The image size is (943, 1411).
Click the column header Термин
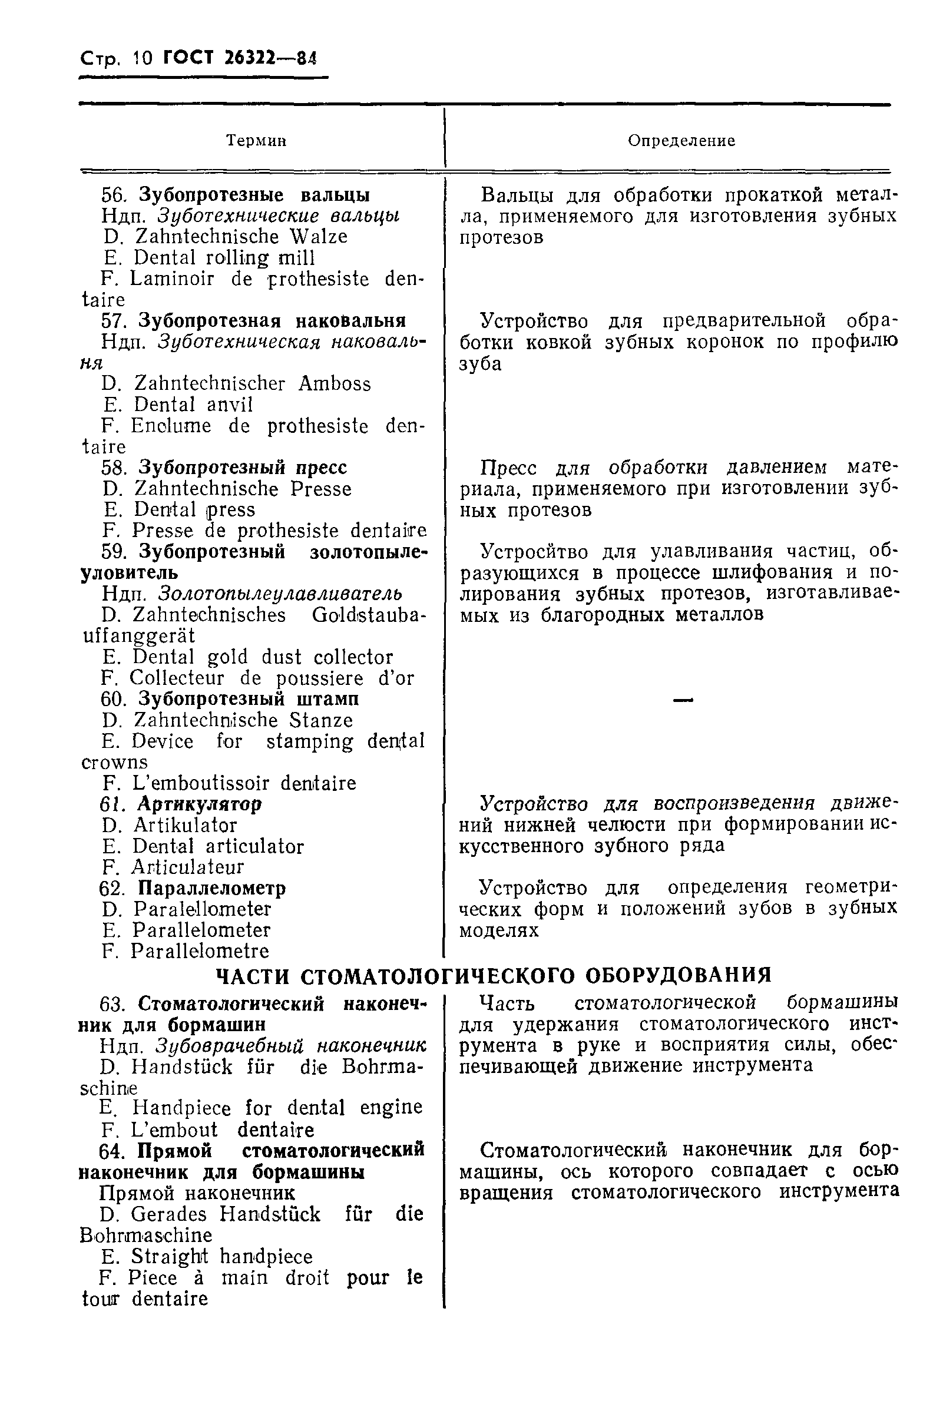coord(256,141)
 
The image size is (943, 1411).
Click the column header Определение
coord(681,141)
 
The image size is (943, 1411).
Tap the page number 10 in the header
coord(143,58)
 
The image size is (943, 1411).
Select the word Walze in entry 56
coord(318,236)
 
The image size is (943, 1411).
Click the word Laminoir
coord(171,279)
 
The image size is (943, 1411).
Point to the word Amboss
coord(335,383)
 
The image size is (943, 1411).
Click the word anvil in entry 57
coord(230,405)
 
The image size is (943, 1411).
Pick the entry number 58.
coord(114,468)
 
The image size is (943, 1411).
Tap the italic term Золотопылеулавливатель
coord(280,594)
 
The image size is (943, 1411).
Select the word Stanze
coord(320,720)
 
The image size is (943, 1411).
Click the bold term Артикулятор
coord(200,804)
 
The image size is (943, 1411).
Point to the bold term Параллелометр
coord(211,888)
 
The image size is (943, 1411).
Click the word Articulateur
coord(188,867)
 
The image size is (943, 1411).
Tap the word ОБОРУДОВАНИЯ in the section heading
coord(679,975)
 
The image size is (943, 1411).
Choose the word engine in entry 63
coord(391,1107)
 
